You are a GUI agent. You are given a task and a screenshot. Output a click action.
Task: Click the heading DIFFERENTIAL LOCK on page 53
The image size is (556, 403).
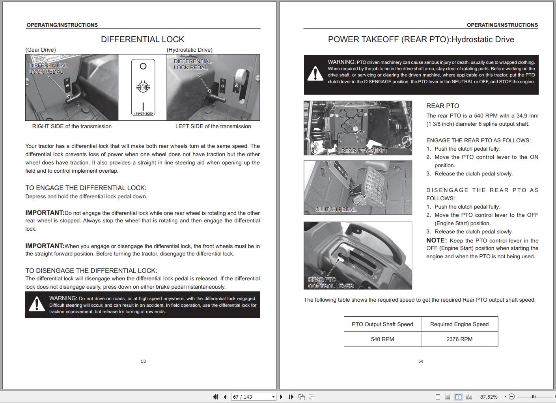click(x=142, y=39)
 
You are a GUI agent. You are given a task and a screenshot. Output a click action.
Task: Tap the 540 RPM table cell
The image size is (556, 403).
click(x=382, y=339)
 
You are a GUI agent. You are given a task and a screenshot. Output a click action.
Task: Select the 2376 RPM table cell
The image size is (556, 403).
click(x=459, y=339)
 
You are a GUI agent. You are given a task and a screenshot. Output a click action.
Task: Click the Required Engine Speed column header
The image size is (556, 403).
click(x=459, y=324)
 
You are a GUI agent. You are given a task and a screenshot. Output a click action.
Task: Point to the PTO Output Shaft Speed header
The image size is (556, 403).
click(x=382, y=324)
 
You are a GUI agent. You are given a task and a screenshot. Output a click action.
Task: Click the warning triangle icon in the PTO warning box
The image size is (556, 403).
click(x=315, y=74)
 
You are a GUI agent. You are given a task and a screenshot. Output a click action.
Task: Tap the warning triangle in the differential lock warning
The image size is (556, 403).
click(x=37, y=304)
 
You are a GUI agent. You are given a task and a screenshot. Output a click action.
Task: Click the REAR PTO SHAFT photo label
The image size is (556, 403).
click(x=364, y=150)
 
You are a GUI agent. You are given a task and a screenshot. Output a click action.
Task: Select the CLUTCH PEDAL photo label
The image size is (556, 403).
click(x=336, y=209)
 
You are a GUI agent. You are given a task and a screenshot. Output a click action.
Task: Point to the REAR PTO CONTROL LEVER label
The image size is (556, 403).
click(x=330, y=283)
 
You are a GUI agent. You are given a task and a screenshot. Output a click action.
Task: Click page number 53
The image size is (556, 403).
click(x=143, y=361)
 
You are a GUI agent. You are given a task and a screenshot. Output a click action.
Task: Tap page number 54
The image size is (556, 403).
click(x=420, y=361)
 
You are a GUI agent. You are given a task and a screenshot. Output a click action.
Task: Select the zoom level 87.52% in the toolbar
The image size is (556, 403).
click(x=489, y=397)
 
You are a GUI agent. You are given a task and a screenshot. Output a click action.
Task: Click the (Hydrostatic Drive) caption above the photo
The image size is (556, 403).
click(x=189, y=50)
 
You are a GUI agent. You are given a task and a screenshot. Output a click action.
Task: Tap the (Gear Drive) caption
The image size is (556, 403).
click(x=41, y=50)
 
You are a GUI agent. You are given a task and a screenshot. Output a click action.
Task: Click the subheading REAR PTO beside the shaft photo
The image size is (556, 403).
click(x=442, y=106)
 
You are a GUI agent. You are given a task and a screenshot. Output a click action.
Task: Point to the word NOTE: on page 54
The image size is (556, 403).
click(x=437, y=240)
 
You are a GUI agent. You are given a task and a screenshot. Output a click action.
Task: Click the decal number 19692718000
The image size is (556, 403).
click(x=143, y=114)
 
